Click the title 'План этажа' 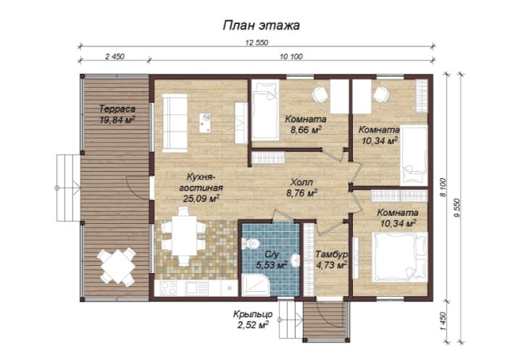tap(261, 25)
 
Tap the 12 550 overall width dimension tap(257, 43)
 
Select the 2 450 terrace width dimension tap(115, 56)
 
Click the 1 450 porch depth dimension tap(444, 322)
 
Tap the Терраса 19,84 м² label tap(117, 114)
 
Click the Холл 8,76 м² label tap(301, 188)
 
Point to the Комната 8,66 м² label tap(305, 125)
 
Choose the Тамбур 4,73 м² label tap(331, 260)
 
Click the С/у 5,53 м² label tap(272, 260)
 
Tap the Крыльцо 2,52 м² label tap(253, 320)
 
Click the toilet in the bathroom tap(250, 243)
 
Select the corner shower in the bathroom tap(256, 285)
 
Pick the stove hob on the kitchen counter tap(168, 288)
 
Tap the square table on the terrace tap(117, 267)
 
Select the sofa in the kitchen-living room tap(175, 123)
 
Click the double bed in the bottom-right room tap(399, 257)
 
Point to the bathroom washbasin tap(294, 260)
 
